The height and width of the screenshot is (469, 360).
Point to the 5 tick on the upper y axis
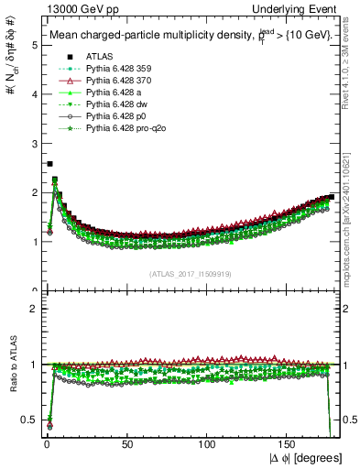35,45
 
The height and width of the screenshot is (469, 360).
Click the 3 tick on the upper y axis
35,144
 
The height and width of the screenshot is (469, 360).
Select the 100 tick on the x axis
209,445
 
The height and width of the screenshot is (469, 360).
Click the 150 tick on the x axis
289,445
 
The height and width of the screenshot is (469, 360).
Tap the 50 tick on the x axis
127,445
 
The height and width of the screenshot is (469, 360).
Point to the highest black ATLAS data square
49,164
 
